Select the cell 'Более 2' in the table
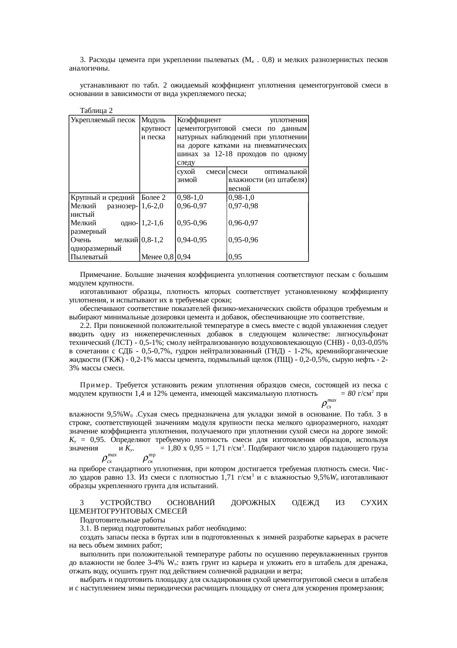153,197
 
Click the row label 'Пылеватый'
89,257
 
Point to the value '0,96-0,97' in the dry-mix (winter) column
192,206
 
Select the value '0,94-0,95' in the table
192,240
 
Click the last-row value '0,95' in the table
235,257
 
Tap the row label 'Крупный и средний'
102,197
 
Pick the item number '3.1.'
86,529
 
